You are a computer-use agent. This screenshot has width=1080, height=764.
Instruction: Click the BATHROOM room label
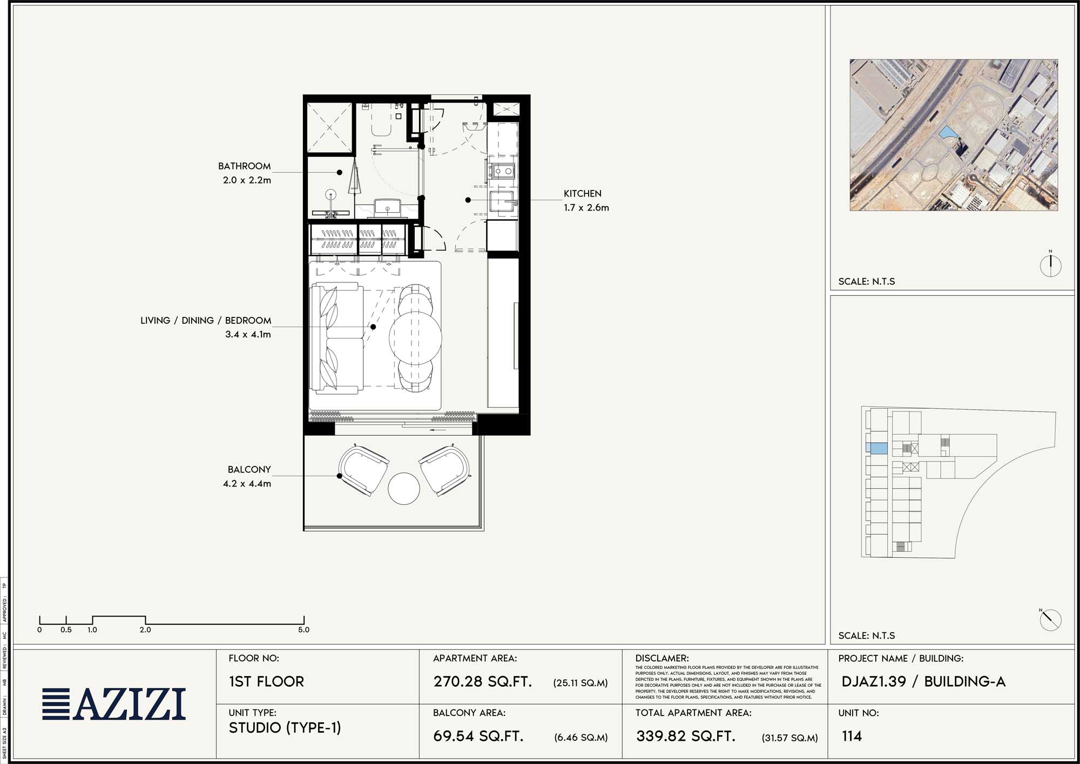click(x=244, y=166)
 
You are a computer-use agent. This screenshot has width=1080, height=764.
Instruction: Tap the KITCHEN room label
click(x=582, y=193)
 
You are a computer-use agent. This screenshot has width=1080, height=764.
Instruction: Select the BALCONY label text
click(x=249, y=470)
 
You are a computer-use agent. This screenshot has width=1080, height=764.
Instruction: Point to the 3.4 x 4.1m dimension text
click(x=248, y=335)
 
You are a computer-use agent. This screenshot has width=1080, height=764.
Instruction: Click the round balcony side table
click(x=403, y=489)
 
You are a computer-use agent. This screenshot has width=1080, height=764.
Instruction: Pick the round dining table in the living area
click(x=415, y=337)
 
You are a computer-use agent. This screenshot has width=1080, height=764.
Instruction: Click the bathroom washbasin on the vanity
click(x=387, y=206)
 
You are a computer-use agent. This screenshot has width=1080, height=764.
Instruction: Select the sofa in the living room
click(x=337, y=338)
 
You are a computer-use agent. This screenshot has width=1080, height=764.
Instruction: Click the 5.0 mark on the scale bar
click(x=303, y=630)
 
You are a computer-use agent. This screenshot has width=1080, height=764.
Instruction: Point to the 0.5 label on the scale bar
click(x=66, y=630)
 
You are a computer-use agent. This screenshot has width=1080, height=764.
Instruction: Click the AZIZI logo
click(x=114, y=704)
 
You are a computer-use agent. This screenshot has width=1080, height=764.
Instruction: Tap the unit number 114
click(x=852, y=736)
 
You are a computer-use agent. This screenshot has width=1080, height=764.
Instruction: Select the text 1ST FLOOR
click(x=266, y=681)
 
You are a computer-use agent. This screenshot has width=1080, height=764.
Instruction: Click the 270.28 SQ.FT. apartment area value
click(x=482, y=681)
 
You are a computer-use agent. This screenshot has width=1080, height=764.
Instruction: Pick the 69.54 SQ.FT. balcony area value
click(x=478, y=736)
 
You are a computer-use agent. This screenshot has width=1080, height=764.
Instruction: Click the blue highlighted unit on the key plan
click(x=876, y=448)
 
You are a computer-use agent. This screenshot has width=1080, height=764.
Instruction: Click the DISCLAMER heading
click(x=661, y=658)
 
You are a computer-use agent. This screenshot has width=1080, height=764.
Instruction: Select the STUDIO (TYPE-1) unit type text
click(x=285, y=728)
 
